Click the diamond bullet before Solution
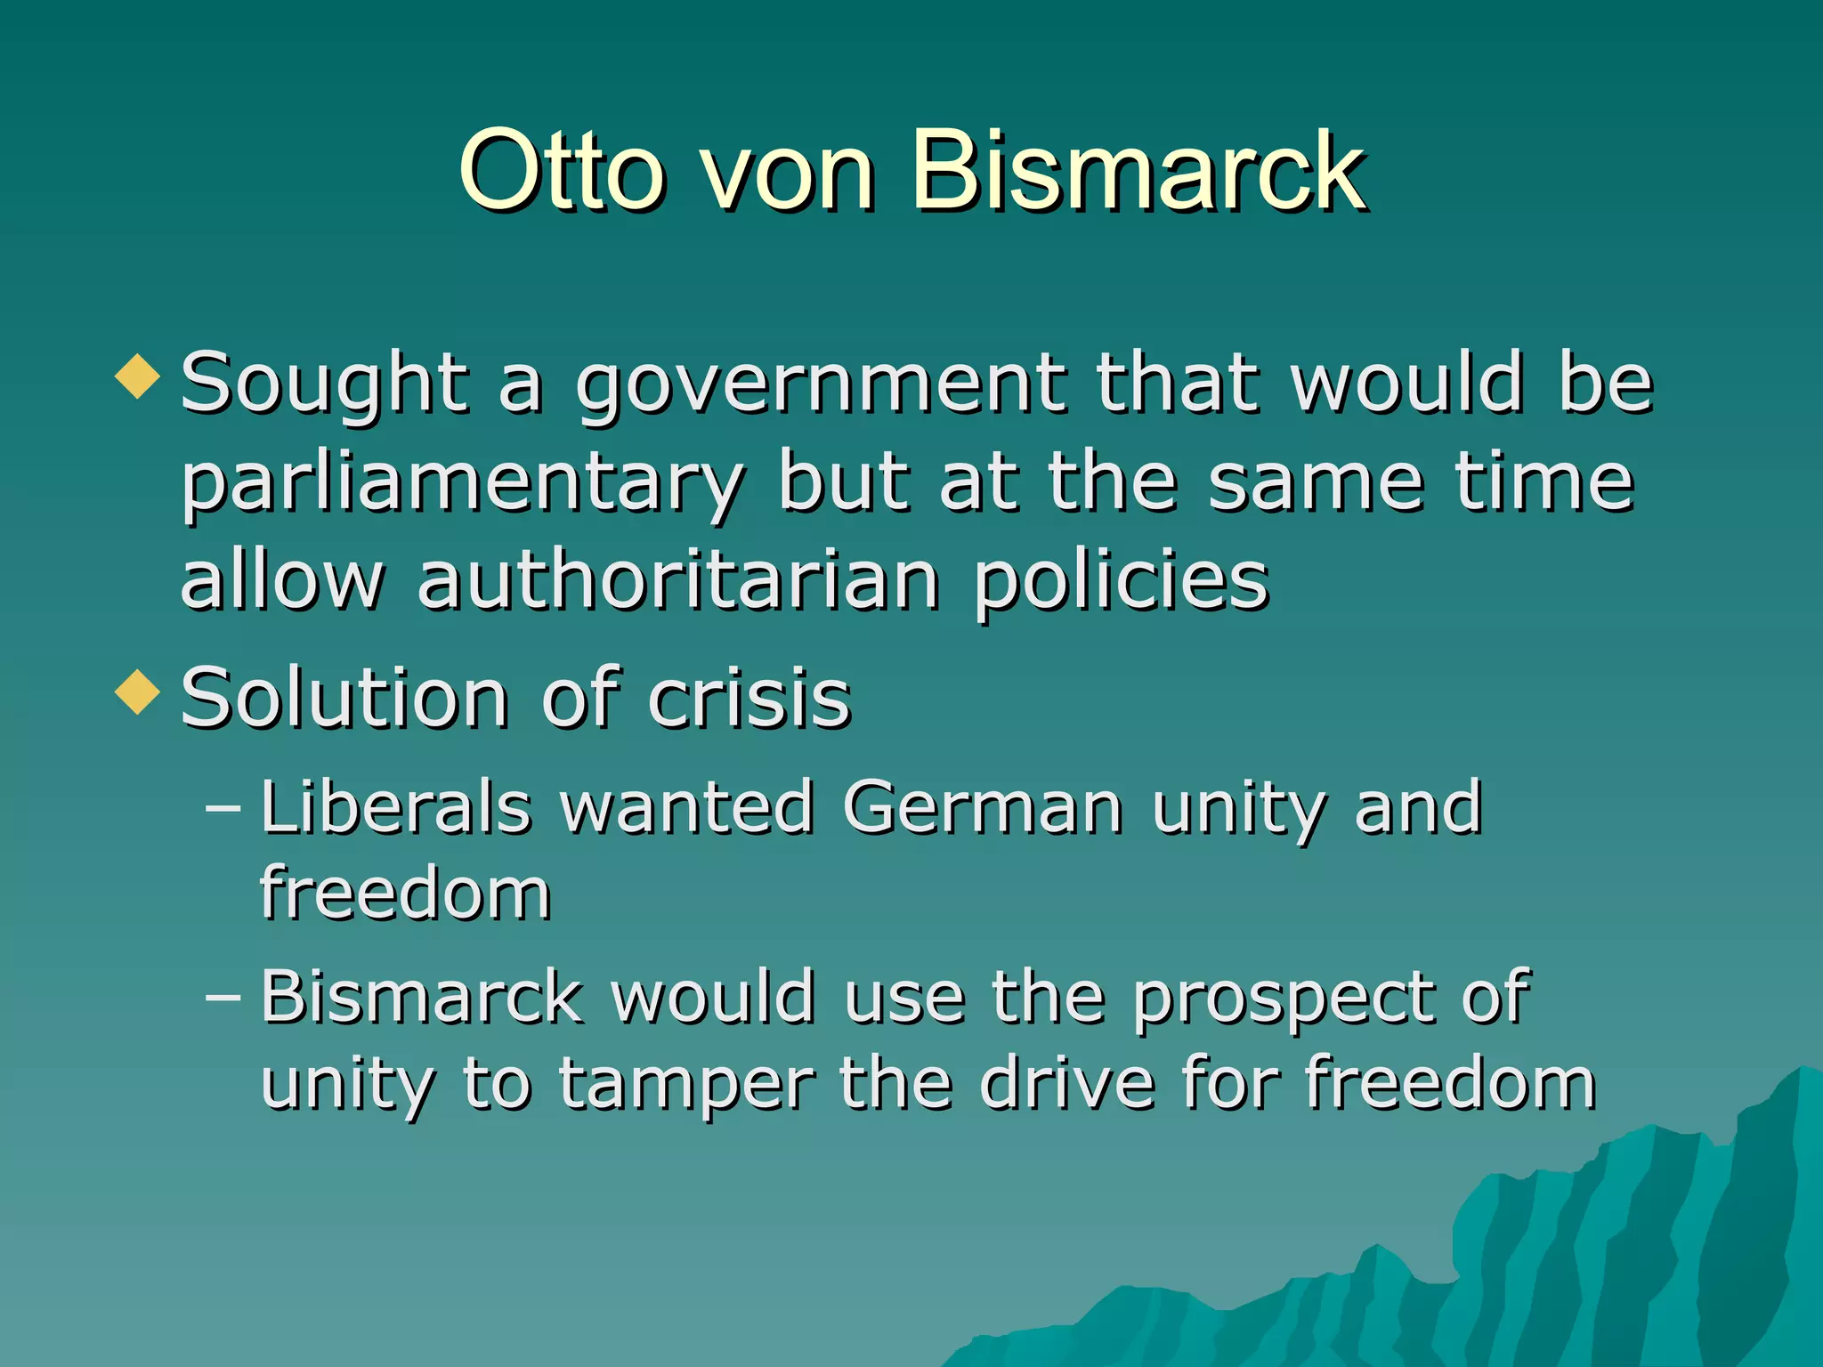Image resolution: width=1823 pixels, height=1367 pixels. click(x=138, y=692)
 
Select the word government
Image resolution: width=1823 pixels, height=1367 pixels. click(x=820, y=385)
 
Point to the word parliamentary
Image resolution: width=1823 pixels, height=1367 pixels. click(x=463, y=485)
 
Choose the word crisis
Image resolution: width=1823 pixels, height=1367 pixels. click(x=749, y=699)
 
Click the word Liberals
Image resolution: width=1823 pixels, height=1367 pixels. click(x=396, y=807)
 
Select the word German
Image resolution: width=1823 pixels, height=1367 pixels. click(x=983, y=807)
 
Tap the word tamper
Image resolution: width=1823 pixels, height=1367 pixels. click(x=686, y=1088)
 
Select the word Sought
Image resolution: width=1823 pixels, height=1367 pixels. click(x=325, y=385)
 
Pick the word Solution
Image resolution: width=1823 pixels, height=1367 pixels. click(x=344, y=699)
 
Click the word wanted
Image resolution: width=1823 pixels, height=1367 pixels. click(x=687, y=807)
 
